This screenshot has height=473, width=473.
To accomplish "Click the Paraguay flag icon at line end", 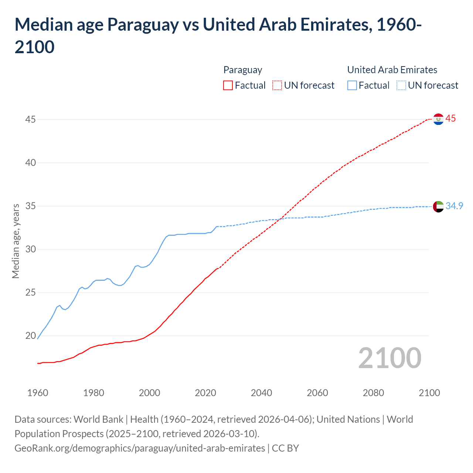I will point(438,119).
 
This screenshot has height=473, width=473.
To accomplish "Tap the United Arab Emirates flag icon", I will point(438,207).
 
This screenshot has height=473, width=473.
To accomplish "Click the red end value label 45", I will point(450,119).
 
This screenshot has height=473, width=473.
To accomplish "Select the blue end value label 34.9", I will point(454,206).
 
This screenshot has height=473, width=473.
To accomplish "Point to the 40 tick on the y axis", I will point(31,163).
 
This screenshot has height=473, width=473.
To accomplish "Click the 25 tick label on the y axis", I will point(31,293).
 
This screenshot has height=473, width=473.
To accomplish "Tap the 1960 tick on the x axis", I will point(38,393).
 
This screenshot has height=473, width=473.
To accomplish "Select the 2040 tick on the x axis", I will point(261,393).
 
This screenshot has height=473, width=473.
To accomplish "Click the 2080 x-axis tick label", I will point(373,393).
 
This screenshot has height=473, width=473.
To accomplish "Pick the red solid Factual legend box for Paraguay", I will point(228,85).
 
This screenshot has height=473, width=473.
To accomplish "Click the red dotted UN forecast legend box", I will point(277,85).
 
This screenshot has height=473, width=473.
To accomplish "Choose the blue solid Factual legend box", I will point(352,85).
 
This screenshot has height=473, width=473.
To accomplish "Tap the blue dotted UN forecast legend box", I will point(401,85).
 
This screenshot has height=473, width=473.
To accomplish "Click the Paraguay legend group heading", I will point(243,70).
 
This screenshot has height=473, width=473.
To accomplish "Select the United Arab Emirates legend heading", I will point(392,70).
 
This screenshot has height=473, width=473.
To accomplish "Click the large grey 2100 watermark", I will point(389,358).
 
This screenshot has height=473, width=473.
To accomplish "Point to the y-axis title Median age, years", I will point(16,241).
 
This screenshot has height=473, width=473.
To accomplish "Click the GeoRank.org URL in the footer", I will point(140,448).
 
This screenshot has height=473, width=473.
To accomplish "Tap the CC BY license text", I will point(285,448).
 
